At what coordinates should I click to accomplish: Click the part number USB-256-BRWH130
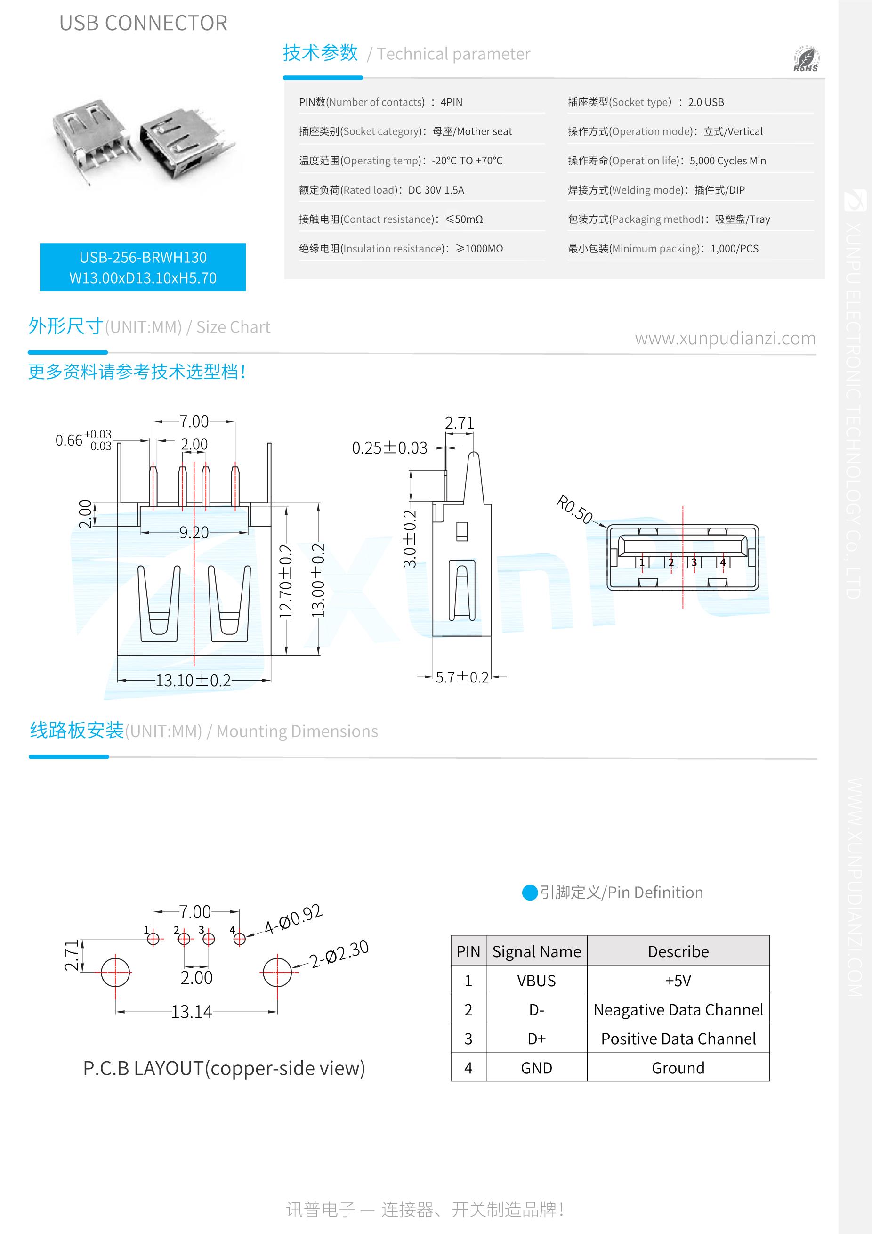coord(143,258)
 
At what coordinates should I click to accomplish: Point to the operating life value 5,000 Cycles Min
coord(727,161)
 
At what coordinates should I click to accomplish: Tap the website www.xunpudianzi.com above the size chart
coord(725,338)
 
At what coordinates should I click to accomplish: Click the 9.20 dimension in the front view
coord(194,533)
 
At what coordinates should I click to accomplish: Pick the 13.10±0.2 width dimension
coord(193,681)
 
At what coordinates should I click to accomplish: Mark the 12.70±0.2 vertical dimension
coord(286,580)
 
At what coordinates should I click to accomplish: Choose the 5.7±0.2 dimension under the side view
coord(462,677)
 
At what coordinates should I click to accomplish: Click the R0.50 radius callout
coord(574,510)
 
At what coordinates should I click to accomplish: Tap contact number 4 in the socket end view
coord(723,563)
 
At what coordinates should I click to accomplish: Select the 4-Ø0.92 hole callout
coord(293,919)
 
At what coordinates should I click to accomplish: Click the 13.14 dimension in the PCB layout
coord(192,1012)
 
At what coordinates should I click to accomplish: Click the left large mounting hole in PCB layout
coord(115,972)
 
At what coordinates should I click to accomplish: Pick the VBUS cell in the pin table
coord(536,981)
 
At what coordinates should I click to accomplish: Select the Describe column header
coord(678,951)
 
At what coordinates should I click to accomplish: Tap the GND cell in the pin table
coord(536,1068)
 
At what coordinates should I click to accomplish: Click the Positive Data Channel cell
coord(678,1039)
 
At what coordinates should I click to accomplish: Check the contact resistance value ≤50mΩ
coord(464,219)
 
